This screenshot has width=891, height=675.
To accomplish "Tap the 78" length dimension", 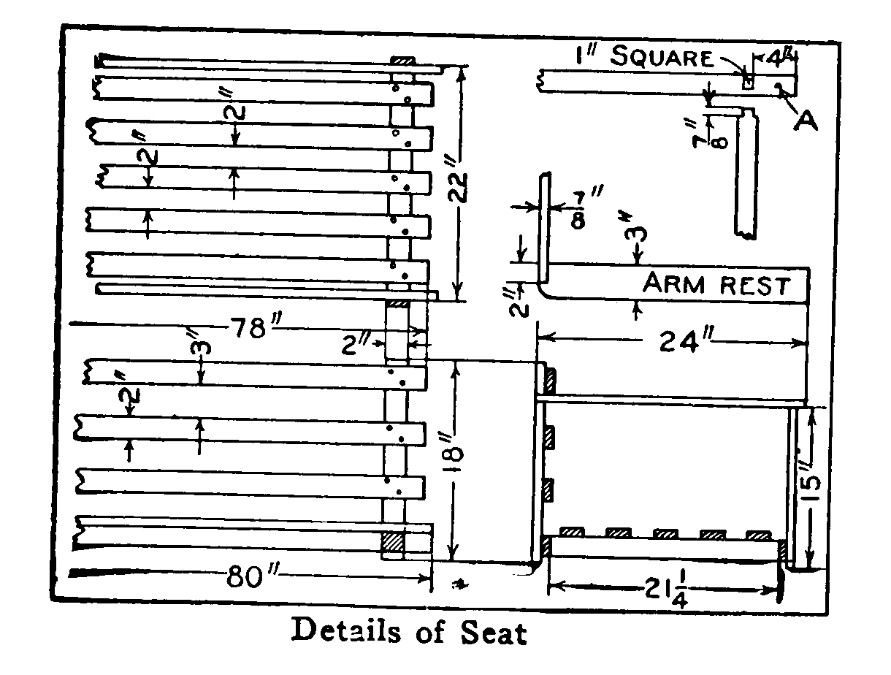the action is pos(254,327).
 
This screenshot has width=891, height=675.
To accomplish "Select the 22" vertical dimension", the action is pos(457,187).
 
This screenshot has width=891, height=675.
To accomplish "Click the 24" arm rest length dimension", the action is pos(684,340).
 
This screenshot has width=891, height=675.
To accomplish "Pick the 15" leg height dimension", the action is pos(809,487).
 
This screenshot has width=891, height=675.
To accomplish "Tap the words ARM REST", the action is pos(716,284).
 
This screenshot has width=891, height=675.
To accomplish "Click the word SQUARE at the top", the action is pos(662,57).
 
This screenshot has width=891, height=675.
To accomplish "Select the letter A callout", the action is pos(806,121).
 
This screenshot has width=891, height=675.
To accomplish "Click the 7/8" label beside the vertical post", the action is pos(584,211).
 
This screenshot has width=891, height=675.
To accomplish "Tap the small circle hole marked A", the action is pos(778,86).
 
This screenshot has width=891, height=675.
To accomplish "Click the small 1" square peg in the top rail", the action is pos(748,83).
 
